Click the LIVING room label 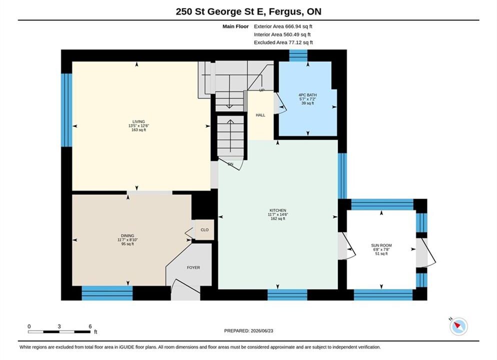pyautogui.click(x=138, y=121)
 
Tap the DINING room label pyautogui.click(x=127, y=236)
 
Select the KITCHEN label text pyautogui.click(x=278, y=210)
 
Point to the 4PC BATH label pyautogui.click(x=307, y=95)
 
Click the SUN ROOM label pyautogui.click(x=381, y=245)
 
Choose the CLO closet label pyautogui.click(x=205, y=230)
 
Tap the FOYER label pyautogui.click(x=193, y=267)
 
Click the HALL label pyautogui.click(x=260, y=115)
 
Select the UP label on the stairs pyautogui.click(x=262, y=90)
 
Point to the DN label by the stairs pyautogui.click(x=230, y=164)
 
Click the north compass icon pyautogui.click(x=458, y=326)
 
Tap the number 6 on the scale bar pyautogui.click(x=90, y=326)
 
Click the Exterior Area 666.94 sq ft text pyautogui.click(x=283, y=26)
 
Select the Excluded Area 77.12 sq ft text pyautogui.click(x=283, y=42)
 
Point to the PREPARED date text pyautogui.click(x=248, y=330)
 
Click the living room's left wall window pyautogui.click(x=66, y=110)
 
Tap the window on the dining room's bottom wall pyautogui.click(x=107, y=293)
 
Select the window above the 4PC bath pyautogui.click(x=298, y=55)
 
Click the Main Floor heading pyautogui.click(x=235, y=26)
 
